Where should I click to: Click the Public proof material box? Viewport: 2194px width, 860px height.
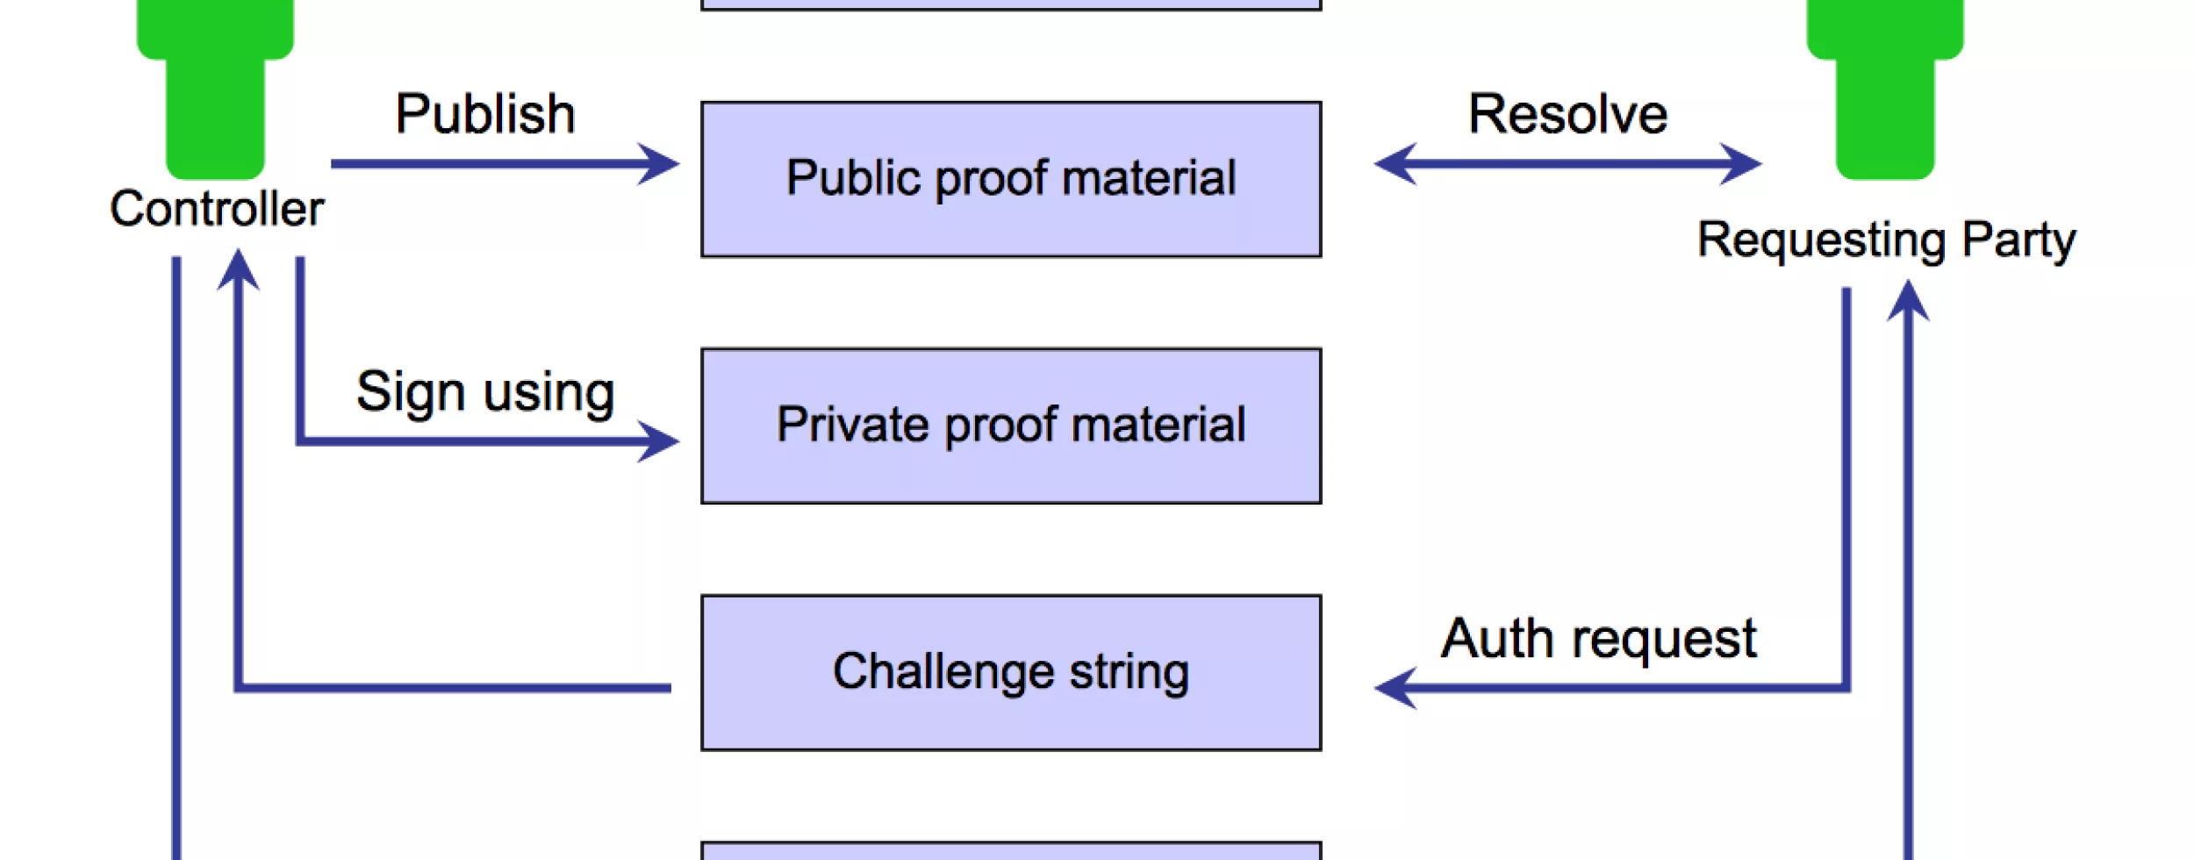pyautogui.click(x=1011, y=179)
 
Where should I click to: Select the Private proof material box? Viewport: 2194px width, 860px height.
pyautogui.click(x=1011, y=426)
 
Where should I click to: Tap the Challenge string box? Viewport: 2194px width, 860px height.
pyautogui.click(x=1011, y=672)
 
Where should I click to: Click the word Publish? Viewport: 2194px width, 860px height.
pyautogui.click(x=485, y=114)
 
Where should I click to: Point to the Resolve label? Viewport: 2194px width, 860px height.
pyautogui.click(x=1567, y=114)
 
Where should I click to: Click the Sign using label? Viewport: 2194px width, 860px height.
pyautogui.click(x=485, y=391)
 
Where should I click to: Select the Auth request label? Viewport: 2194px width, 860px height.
pyautogui.click(x=1598, y=639)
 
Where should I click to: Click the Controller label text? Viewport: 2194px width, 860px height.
pyautogui.click(x=217, y=209)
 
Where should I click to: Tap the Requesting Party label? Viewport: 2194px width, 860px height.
pyautogui.click(x=1886, y=240)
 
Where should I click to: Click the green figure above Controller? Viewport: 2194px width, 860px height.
pyautogui.click(x=215, y=88)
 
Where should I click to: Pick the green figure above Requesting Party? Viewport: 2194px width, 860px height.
pyautogui.click(x=1885, y=88)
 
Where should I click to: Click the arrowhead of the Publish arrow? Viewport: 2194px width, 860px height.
pyautogui.click(x=660, y=164)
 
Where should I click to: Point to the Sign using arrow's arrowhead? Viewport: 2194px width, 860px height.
pyautogui.click(x=660, y=441)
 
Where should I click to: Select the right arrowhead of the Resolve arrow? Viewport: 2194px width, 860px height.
pyautogui.click(x=1742, y=164)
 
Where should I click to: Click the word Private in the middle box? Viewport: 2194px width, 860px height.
pyautogui.click(x=852, y=426)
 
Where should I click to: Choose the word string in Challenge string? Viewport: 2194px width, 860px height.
pyautogui.click(x=1129, y=672)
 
